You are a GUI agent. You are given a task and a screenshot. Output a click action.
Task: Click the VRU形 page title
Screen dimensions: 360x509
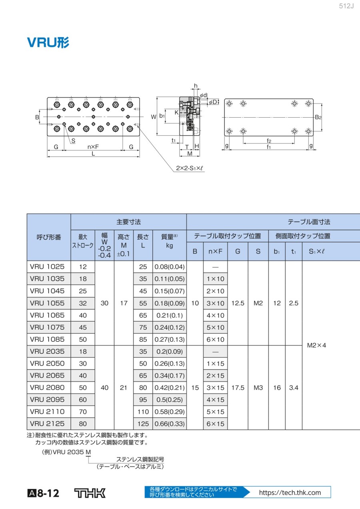pyautogui.click(x=48, y=42)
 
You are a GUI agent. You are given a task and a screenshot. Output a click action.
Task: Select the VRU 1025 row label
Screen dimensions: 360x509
pyautogui.click(x=47, y=267)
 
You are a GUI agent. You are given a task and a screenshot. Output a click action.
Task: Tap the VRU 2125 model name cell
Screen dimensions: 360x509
pyautogui.click(x=47, y=423)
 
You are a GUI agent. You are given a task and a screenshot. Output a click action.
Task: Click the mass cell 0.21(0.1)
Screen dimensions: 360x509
pyautogui.click(x=170, y=315)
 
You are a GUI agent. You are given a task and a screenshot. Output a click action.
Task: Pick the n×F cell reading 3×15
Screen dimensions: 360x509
pyautogui.click(x=215, y=387)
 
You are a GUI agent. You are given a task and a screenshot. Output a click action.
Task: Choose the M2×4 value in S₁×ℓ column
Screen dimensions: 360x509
pyautogui.click(x=316, y=345)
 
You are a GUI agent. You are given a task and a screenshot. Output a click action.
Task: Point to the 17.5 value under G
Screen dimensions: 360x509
pyautogui.click(x=238, y=387)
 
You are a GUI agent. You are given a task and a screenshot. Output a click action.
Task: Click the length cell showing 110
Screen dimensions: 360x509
pyautogui.click(x=143, y=411)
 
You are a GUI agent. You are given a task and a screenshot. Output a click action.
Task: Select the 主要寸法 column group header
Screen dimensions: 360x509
pyautogui.click(x=128, y=222)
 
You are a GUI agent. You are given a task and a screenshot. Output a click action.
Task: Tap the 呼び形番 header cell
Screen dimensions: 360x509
pyautogui.click(x=49, y=237)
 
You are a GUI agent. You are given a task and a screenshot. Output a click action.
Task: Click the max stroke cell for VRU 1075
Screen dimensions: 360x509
pyautogui.click(x=83, y=327)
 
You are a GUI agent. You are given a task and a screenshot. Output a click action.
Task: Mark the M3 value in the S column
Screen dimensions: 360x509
pyautogui.click(x=258, y=387)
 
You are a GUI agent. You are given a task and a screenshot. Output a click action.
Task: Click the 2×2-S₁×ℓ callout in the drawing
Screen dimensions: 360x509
pyautogui.click(x=190, y=168)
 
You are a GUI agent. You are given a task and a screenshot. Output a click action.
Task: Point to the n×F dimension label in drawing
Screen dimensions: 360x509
pyautogui.click(x=93, y=147)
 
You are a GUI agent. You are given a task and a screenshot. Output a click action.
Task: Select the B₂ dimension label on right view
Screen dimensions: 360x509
pyautogui.click(x=318, y=117)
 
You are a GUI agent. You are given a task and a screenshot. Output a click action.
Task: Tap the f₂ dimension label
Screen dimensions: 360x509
pyautogui.click(x=269, y=141)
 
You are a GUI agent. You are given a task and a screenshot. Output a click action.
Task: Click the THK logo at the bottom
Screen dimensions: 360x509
pyautogui.click(x=90, y=493)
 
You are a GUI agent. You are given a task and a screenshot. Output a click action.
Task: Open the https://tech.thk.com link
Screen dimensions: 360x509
pyautogui.click(x=290, y=493)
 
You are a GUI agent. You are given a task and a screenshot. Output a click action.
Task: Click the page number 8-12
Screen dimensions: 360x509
pyautogui.click(x=48, y=493)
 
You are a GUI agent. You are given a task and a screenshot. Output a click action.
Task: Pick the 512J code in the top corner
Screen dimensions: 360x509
pyautogui.click(x=346, y=6)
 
